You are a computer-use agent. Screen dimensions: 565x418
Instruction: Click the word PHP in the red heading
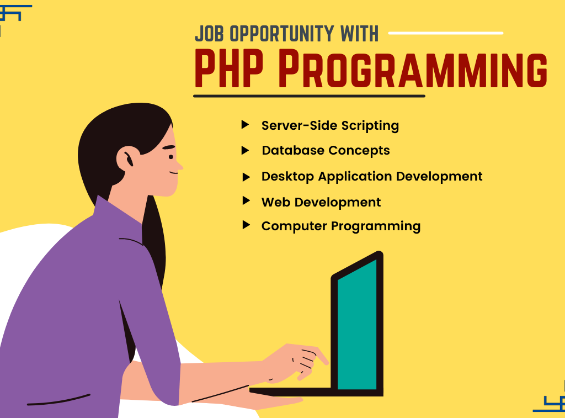coord(229,68)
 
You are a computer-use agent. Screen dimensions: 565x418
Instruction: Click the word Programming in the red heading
coord(413,68)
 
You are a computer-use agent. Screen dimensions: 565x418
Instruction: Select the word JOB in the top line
coord(209,34)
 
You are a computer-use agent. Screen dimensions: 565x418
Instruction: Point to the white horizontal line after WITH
coord(446,33)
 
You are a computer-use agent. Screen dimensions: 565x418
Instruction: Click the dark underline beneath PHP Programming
coord(309,96)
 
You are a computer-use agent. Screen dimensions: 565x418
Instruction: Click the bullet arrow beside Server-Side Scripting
coord(245,125)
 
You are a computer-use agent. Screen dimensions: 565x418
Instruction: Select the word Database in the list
coord(293,150)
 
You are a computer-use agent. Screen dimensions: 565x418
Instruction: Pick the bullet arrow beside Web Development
coord(246,200)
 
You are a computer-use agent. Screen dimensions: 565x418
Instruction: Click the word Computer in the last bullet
coord(294,226)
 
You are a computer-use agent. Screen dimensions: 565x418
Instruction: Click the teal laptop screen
coord(357,325)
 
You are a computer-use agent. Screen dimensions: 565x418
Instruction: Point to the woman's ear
coord(127,158)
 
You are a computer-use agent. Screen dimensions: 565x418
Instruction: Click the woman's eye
coord(171,157)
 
